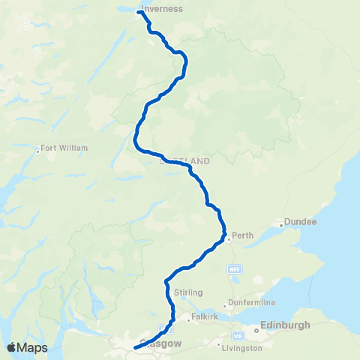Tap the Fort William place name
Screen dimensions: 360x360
coord(65,148)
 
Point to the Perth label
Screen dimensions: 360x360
coord(243,235)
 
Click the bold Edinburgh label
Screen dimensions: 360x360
coord(284,327)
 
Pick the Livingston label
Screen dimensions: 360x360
coord(241,348)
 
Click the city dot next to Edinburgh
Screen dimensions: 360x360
coord(256,327)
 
